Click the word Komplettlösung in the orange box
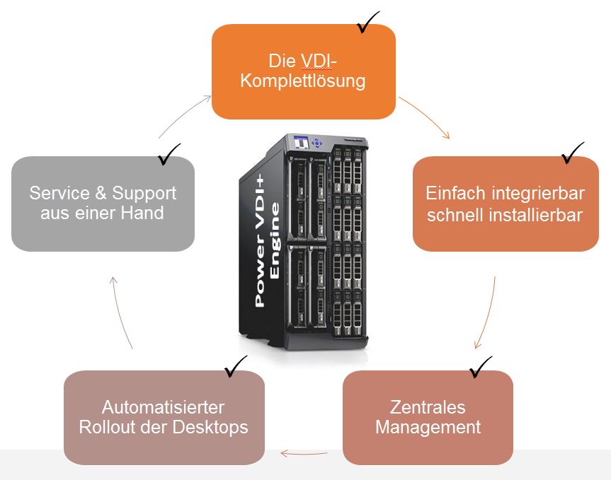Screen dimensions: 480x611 click(x=303, y=81)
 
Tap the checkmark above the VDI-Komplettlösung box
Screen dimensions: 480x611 click(x=368, y=23)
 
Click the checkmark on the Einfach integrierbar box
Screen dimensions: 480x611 click(x=572, y=153)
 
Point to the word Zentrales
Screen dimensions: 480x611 click(x=428, y=407)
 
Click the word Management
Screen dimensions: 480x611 click(x=428, y=427)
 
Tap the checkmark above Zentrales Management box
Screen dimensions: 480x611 click(x=480, y=365)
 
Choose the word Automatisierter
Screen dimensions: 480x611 click(x=163, y=407)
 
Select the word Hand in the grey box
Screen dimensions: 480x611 click(x=144, y=212)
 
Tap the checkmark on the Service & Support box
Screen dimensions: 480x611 click(x=169, y=153)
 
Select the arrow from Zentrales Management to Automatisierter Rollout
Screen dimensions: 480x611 click(x=304, y=452)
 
